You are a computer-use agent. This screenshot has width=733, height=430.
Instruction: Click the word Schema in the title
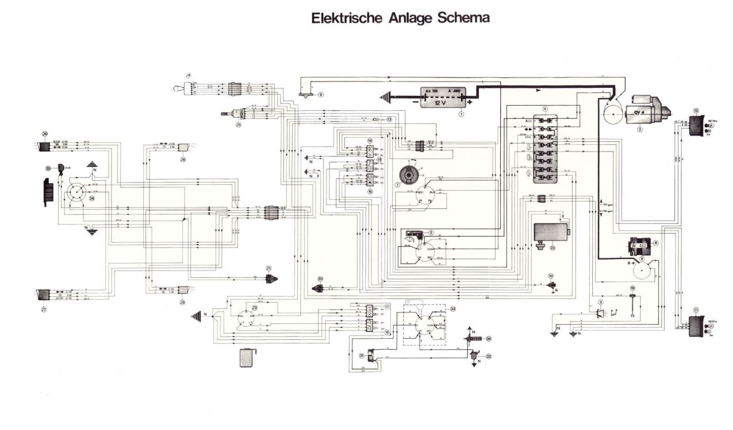463,18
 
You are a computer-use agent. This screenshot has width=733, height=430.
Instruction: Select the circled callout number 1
461,114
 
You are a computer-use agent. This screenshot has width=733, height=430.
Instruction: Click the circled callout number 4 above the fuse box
545,109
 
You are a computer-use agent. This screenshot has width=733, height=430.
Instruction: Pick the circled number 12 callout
696,110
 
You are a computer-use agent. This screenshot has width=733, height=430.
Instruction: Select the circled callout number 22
552,249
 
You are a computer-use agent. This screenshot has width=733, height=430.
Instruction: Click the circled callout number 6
321,94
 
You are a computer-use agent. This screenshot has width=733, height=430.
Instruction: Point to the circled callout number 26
44,134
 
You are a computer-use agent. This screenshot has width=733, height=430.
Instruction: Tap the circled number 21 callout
268,269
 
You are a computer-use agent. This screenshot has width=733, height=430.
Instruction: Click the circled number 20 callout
321,279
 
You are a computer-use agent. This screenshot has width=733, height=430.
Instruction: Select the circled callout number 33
453,309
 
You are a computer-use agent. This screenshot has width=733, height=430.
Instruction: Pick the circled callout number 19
632,288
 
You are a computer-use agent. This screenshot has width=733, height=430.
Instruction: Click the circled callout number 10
550,276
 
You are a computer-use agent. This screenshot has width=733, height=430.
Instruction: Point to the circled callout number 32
489,356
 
